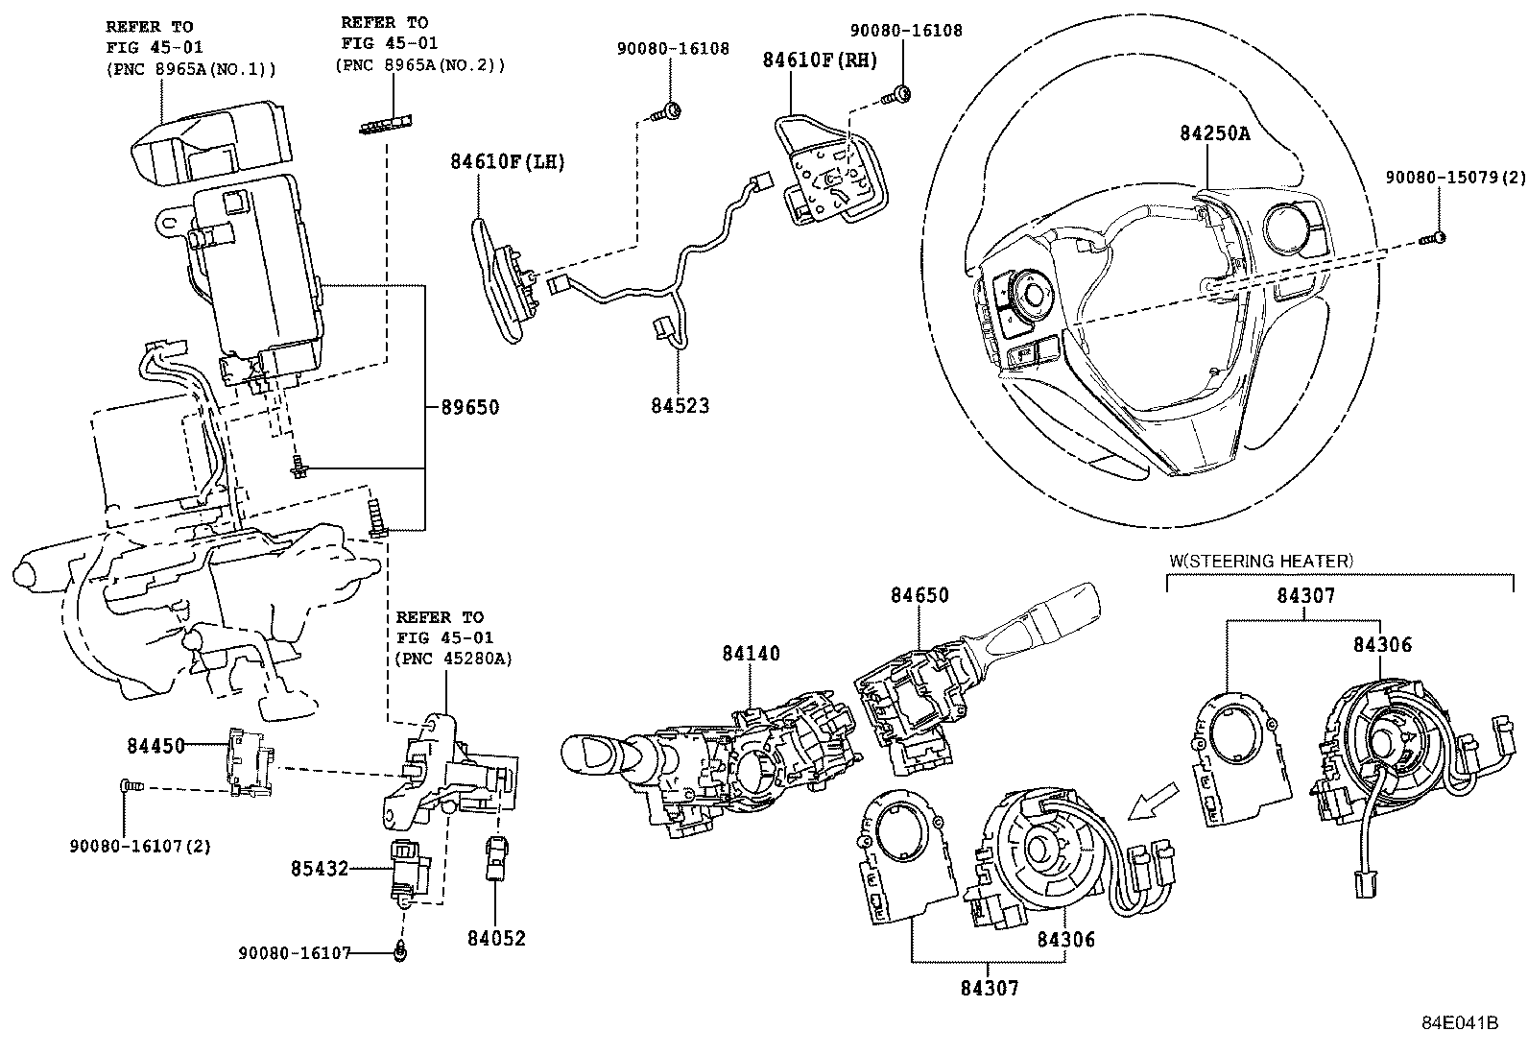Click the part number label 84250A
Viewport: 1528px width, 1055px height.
(x=1214, y=134)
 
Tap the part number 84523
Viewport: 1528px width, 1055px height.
(x=678, y=406)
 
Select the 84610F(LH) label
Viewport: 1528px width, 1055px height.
(x=508, y=162)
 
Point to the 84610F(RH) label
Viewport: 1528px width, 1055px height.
(x=821, y=60)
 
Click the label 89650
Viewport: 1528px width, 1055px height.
(x=470, y=407)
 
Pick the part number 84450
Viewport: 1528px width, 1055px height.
(x=155, y=745)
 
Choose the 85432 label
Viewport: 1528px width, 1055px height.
(x=319, y=869)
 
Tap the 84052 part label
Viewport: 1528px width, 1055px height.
(x=497, y=938)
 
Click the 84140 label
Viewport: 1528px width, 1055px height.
(x=752, y=654)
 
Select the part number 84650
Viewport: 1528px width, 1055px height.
(x=919, y=595)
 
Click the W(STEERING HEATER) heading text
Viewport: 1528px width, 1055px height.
(x=1260, y=560)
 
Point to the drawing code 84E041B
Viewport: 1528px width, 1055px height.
(x=1460, y=1023)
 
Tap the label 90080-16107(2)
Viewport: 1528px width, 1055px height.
(x=140, y=846)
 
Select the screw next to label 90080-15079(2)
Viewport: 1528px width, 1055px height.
(x=1435, y=237)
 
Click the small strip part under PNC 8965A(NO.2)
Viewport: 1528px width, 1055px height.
(x=389, y=123)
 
